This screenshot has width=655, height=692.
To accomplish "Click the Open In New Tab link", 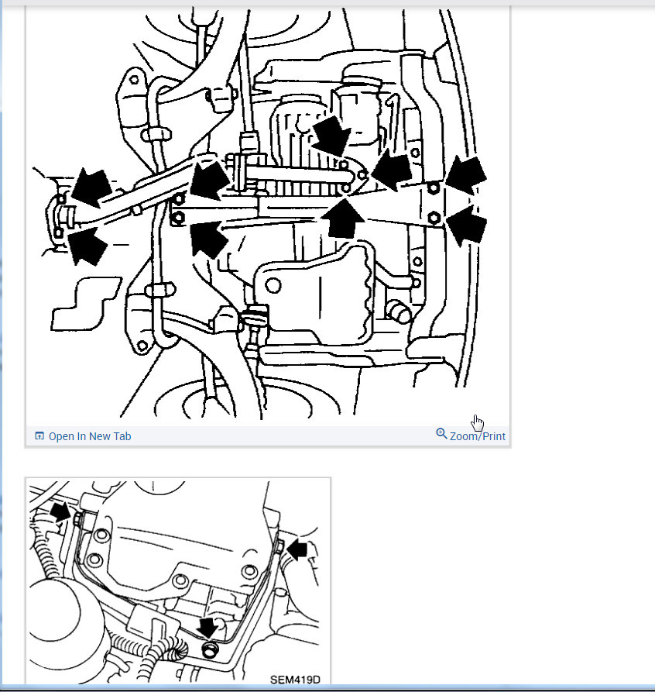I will tap(89, 436).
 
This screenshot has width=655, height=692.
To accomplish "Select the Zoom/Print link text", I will tap(477, 436).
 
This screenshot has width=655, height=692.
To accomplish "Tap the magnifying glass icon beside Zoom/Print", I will tap(441, 434).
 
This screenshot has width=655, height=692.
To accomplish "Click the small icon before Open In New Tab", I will tap(39, 436).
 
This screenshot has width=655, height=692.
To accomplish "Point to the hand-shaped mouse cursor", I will tap(478, 422).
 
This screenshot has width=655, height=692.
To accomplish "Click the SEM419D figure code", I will tap(294, 680).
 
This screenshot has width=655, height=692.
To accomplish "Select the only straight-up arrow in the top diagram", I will tap(342, 218).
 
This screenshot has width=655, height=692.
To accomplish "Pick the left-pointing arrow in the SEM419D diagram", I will tap(297, 551).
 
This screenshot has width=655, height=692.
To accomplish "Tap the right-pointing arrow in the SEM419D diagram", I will tap(60, 511).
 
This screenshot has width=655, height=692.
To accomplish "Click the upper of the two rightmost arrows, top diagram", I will tap(466, 175).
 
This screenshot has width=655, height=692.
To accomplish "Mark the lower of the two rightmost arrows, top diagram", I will tap(467, 225).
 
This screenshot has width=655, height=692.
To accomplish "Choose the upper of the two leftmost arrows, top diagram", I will tap(91, 186).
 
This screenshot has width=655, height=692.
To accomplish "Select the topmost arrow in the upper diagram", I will tap(331, 136).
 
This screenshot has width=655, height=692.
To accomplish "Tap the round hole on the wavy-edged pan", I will tap(273, 285).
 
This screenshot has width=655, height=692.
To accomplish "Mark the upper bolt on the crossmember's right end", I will tap(434, 188).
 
